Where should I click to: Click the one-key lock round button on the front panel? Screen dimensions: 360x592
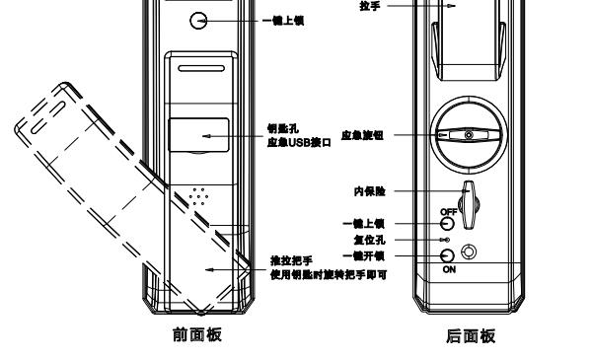[x=199, y=20]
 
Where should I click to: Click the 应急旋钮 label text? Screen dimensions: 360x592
[x=361, y=135]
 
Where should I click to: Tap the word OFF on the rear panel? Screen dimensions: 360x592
[x=447, y=212]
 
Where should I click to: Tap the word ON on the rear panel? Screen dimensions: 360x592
[x=447, y=270]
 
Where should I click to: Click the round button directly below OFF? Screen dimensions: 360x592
[x=446, y=224]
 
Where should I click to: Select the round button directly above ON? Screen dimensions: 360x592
[x=446, y=256]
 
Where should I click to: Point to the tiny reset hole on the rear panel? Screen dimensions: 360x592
[x=446, y=240]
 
